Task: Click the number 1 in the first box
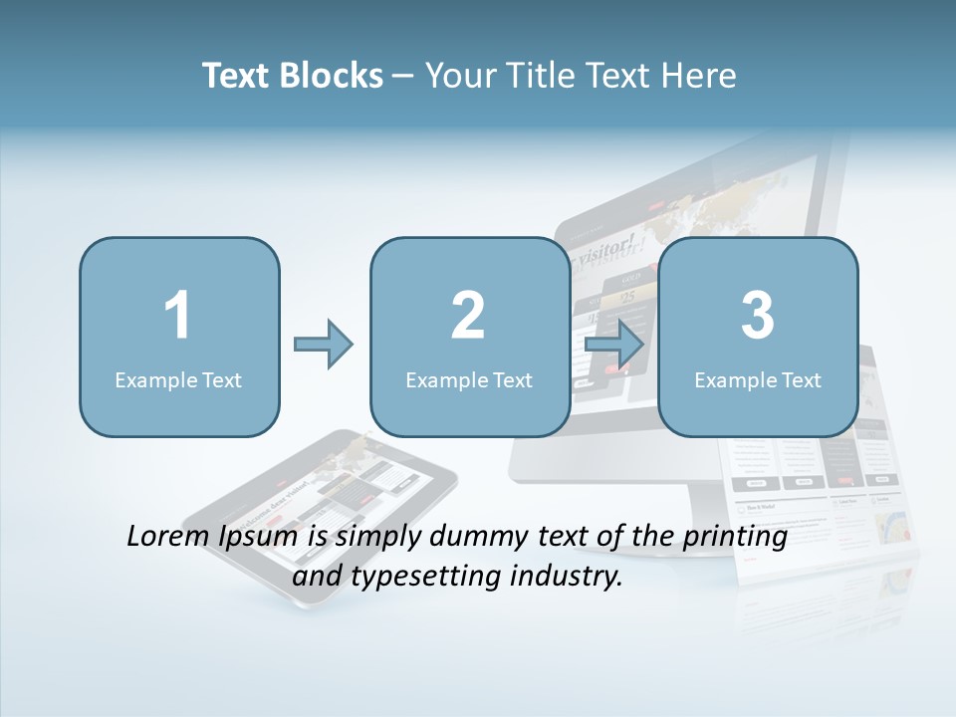tap(177, 316)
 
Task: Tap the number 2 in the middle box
tap(468, 316)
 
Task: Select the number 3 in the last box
tap(758, 316)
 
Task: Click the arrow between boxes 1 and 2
tap(325, 345)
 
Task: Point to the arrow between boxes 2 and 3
tap(614, 345)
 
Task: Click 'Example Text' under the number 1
tap(178, 379)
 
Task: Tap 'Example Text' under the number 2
tap(469, 379)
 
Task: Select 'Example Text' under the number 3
tap(758, 379)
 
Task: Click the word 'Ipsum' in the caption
tap(259, 537)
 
